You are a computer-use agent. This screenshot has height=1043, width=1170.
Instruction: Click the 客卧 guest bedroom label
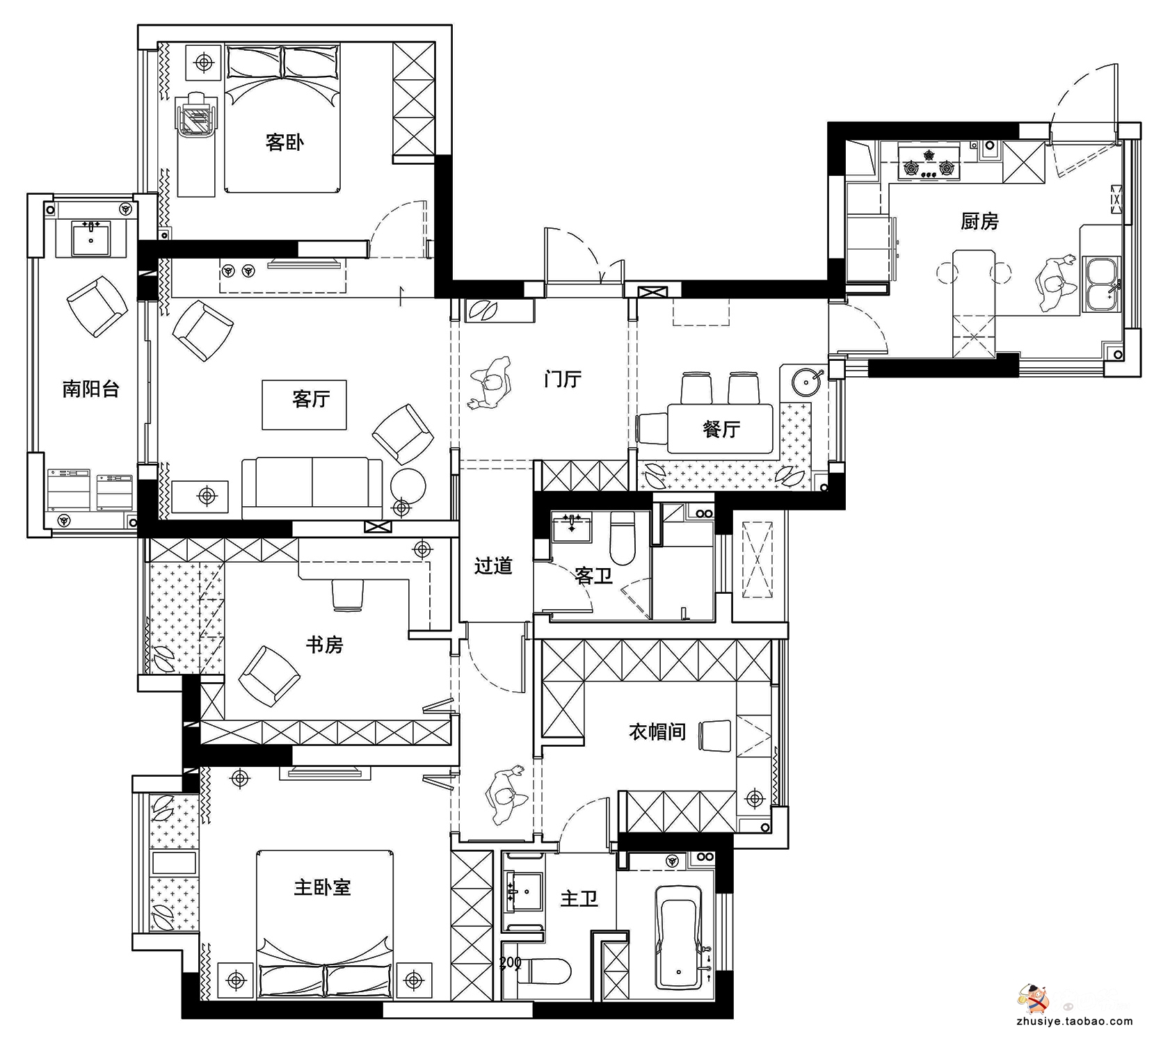(285, 143)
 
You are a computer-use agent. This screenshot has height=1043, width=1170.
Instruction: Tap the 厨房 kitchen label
(979, 221)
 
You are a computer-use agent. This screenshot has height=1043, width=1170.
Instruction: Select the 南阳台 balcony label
(90, 389)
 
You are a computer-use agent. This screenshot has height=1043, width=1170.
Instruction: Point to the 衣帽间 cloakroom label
(657, 731)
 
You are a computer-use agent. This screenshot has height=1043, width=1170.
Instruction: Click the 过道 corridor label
(493, 566)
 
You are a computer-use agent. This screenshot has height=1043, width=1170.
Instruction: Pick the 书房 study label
(325, 645)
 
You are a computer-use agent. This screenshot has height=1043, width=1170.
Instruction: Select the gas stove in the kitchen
(928, 162)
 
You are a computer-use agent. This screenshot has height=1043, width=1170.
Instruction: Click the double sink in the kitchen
(1101, 284)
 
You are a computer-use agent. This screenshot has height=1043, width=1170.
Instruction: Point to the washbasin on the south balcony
(90, 238)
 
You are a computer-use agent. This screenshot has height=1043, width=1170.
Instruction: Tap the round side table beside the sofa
(408, 485)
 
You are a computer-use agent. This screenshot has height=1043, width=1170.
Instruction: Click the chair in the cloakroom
(714, 736)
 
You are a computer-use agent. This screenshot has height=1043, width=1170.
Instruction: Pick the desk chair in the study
(348, 595)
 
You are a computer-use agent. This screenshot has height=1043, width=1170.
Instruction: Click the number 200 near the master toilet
(511, 963)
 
